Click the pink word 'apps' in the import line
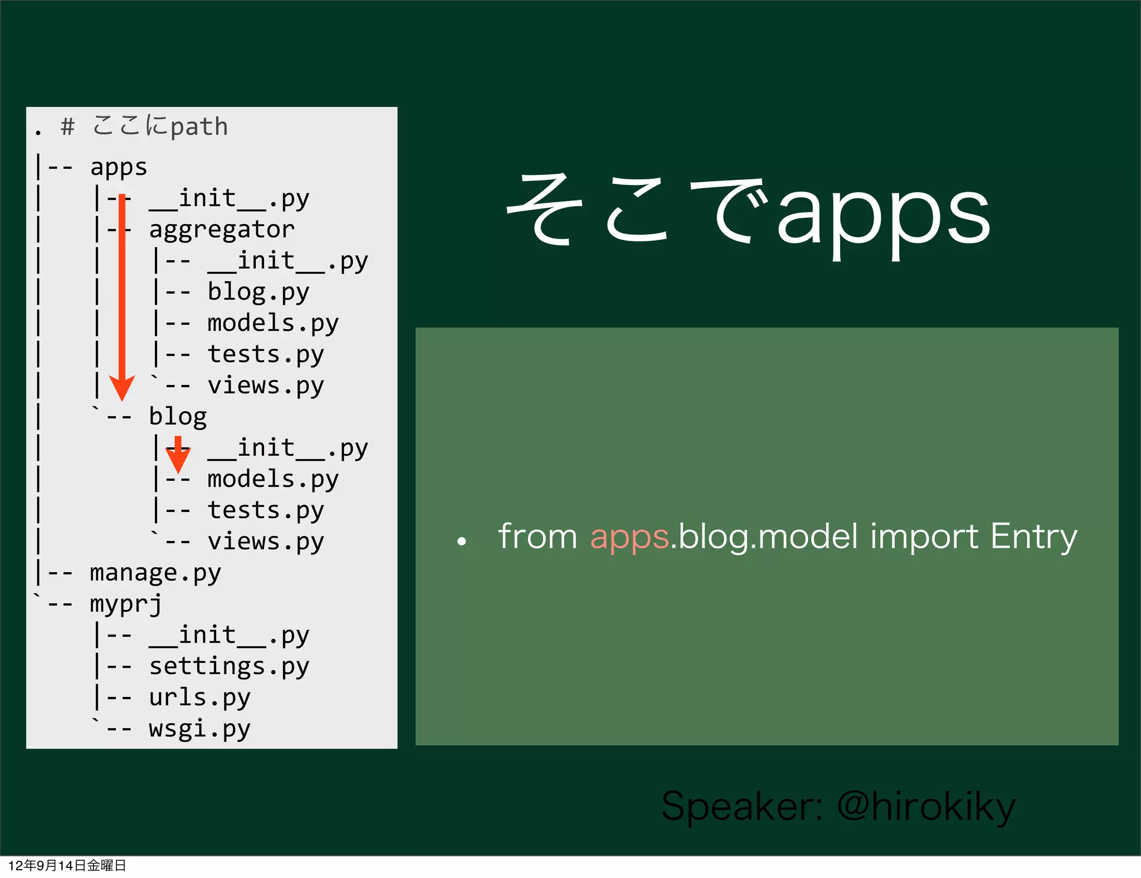point(629,537)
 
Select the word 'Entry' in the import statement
point(1033,537)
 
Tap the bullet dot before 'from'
point(461,541)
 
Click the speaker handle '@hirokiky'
point(926,806)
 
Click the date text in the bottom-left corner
point(67,866)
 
